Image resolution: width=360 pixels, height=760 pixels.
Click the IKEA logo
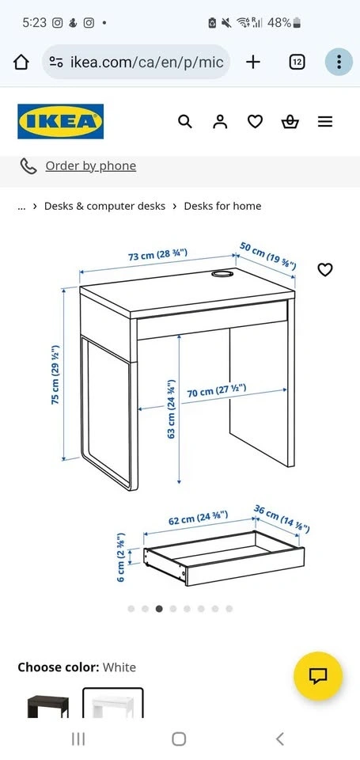coord(61,121)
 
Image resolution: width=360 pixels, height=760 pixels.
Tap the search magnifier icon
coord(185,121)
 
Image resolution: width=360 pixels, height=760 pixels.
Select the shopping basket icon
coord(290,121)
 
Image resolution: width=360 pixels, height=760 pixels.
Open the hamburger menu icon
coord(325,121)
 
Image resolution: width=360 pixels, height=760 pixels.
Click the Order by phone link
coord(91,166)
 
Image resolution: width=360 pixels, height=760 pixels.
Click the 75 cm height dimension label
coord(55,374)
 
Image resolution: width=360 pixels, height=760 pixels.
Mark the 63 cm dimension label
coord(171,409)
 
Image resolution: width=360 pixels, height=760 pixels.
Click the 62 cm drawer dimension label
coord(198,518)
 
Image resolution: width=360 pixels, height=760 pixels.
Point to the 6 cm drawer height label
coord(121,557)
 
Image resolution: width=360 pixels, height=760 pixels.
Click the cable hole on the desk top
coord(222,275)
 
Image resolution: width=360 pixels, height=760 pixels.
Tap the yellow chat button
coord(318,675)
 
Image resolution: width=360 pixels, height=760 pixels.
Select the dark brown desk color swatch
coord(48,705)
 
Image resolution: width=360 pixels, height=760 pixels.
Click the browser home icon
coord(21,62)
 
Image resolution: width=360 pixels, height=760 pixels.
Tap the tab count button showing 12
coord(297,62)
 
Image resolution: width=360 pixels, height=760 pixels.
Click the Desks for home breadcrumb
coord(222,206)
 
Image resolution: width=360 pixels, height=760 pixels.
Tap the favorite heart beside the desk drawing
coord(324,269)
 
